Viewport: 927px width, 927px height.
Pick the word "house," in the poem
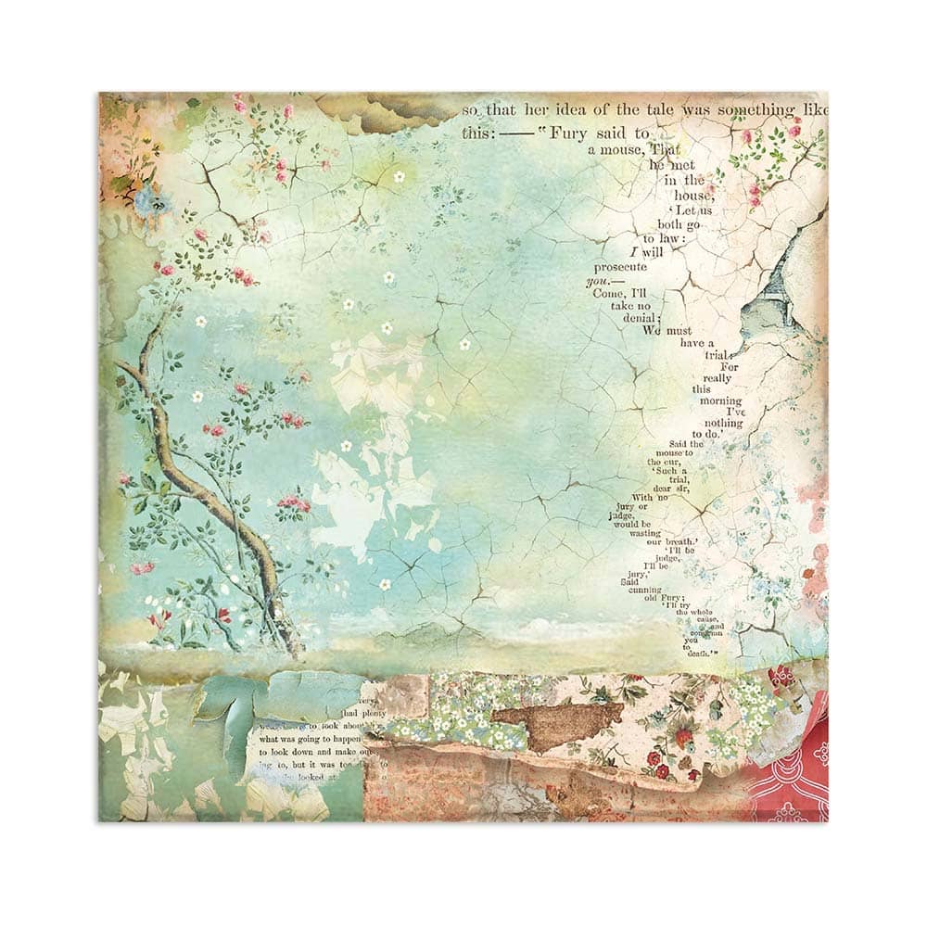(x=695, y=196)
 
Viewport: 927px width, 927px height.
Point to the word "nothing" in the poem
(x=723, y=424)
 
